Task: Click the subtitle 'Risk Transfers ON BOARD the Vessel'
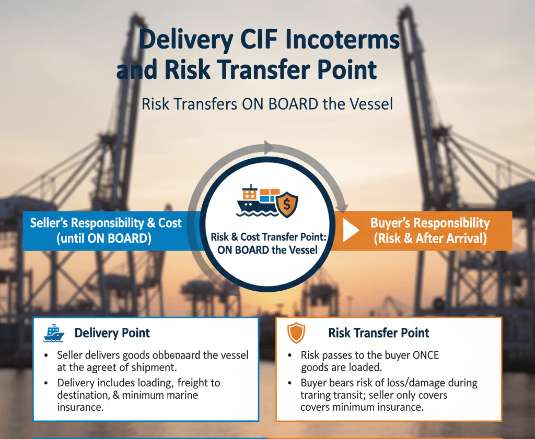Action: (x=267, y=104)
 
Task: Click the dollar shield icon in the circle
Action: (x=287, y=204)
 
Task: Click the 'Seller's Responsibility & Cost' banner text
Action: (x=106, y=223)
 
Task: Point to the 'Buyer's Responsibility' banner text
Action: (x=430, y=223)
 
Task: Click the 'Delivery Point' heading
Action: (x=112, y=333)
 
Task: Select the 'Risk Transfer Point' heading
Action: (x=379, y=333)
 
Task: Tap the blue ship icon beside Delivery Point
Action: (x=53, y=333)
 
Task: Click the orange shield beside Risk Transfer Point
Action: (x=296, y=333)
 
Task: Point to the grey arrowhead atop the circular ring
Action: (x=269, y=148)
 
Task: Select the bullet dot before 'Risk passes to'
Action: (x=289, y=355)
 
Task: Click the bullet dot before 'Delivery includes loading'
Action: (x=46, y=383)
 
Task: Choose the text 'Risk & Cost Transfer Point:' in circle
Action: (x=269, y=237)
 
